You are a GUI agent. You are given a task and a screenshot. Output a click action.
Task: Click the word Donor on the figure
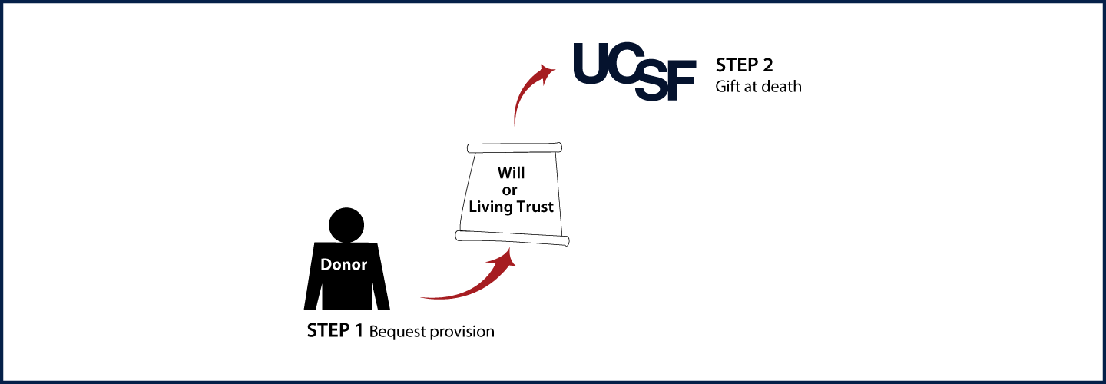click(x=343, y=264)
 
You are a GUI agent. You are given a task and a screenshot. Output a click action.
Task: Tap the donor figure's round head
click(x=346, y=225)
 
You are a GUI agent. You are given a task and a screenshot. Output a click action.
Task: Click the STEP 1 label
click(x=335, y=331)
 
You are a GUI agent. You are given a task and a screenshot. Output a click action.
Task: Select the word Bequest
click(x=398, y=332)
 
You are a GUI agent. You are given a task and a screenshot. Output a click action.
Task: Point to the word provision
click(x=462, y=333)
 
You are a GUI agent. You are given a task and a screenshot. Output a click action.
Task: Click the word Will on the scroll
click(x=511, y=174)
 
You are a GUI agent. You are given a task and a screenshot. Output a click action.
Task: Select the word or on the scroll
click(x=509, y=190)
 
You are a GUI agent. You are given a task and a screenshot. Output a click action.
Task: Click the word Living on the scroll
click(x=489, y=207)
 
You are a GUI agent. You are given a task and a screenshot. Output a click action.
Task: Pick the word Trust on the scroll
click(x=534, y=207)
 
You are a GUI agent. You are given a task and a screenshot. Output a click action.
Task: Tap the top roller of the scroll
click(x=515, y=147)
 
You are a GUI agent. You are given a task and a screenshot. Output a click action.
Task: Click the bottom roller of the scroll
click(x=512, y=238)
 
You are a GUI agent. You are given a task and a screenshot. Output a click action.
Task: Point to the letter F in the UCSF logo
click(x=683, y=81)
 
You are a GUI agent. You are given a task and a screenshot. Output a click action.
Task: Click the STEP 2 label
click(x=744, y=65)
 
